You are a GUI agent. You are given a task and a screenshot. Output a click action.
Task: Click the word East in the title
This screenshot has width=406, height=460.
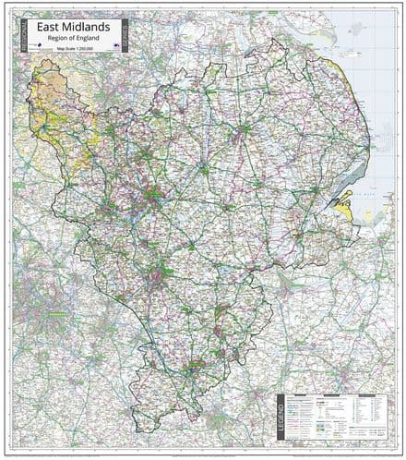click(x=48, y=28)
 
